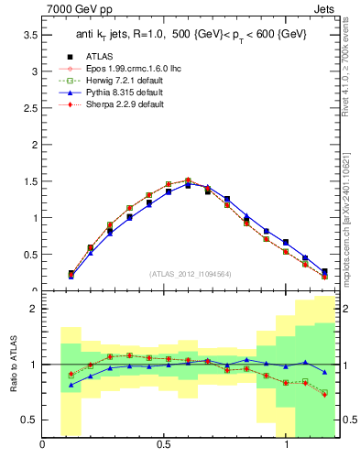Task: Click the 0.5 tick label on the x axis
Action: (x=164, y=446)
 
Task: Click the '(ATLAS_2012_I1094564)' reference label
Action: (x=190, y=274)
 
